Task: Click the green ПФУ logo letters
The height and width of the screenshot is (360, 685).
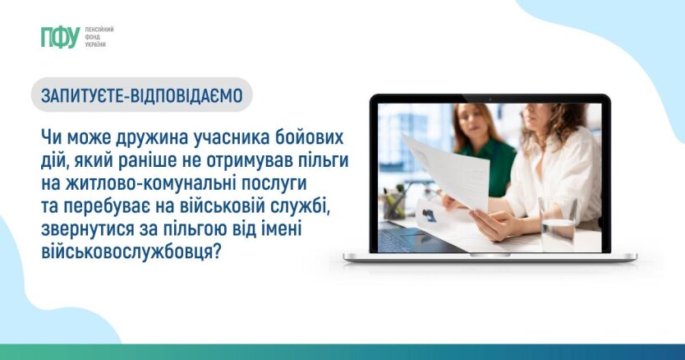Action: click(60, 37)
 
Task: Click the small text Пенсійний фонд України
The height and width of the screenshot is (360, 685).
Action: click(99, 37)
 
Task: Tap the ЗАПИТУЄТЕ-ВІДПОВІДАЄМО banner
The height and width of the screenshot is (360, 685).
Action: click(142, 95)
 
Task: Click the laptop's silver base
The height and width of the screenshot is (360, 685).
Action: click(490, 257)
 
